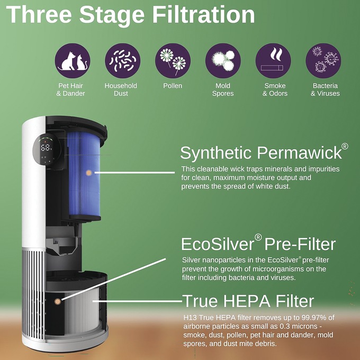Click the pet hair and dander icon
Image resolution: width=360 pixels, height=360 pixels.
pyautogui.click(x=73, y=60)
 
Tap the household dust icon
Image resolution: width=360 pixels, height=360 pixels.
pyautogui.click(x=123, y=60)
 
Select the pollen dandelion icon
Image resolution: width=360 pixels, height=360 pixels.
pyautogui.click(x=173, y=60)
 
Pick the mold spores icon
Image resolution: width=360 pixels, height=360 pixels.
pyautogui.click(x=223, y=60)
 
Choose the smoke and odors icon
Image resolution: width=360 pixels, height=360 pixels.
pyautogui.click(x=273, y=60)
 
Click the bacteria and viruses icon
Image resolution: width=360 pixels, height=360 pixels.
pyautogui.click(x=323, y=60)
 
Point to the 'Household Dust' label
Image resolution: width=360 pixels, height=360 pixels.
pyautogui.click(x=121, y=89)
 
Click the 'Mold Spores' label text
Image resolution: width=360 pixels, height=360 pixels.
pyautogui.click(x=223, y=89)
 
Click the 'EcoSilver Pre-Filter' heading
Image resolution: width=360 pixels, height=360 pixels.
pyautogui.click(x=258, y=244)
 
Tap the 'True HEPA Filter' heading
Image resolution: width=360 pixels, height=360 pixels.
pyautogui.click(x=248, y=301)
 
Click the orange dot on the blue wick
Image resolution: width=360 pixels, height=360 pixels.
pyautogui.click(x=88, y=173)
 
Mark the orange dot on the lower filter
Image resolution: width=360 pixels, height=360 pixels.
pyautogui.click(x=57, y=301)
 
